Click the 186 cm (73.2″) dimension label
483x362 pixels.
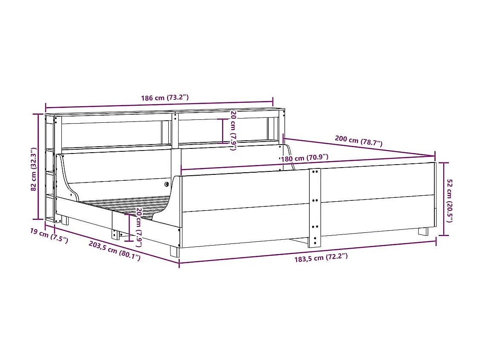click(165, 98)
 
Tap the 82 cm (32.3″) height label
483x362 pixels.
click(34, 169)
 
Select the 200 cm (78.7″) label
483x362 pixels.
click(359, 141)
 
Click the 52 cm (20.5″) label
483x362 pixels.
click(449, 200)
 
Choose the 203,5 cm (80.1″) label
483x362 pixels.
click(114, 250)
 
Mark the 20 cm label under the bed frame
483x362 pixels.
click(139, 227)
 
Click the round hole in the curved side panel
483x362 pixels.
click(166, 184)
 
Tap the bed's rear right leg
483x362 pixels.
click(423, 232)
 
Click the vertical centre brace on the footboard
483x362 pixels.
click(314, 208)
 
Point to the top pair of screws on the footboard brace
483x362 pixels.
click(315, 172)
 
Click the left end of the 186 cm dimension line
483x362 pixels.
click(46, 107)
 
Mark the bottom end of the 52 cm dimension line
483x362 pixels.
click(445, 235)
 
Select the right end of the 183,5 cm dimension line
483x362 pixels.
click(436, 242)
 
